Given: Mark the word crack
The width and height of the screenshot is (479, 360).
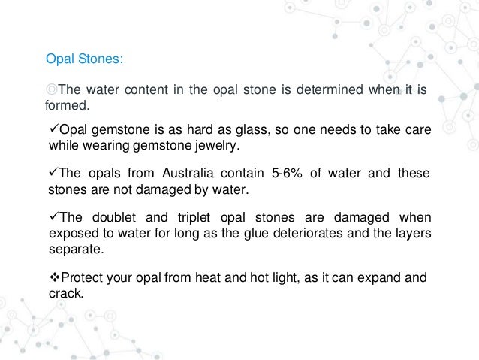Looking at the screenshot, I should point(65,295).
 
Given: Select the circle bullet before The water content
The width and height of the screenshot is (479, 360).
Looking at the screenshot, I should point(52,91).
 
